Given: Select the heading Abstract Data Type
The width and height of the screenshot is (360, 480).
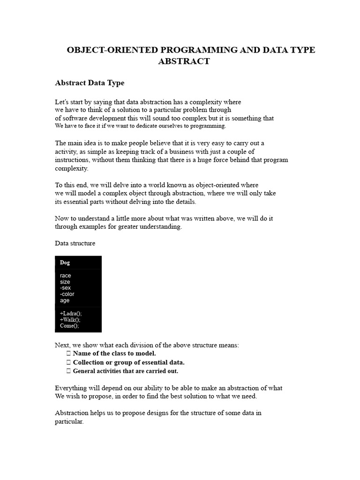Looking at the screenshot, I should coord(90,83).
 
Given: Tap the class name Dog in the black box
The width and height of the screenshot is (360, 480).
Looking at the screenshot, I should coord(65,263).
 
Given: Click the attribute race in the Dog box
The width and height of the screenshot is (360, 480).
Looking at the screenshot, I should coord(66,276).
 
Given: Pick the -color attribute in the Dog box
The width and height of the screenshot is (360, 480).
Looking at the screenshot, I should coord(67,294).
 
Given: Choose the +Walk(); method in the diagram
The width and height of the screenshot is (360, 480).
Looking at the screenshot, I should coord(70,320).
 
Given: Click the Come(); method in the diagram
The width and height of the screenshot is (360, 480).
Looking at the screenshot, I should coord(69,326).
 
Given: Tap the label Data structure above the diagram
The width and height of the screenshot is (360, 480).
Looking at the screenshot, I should coord(75,243).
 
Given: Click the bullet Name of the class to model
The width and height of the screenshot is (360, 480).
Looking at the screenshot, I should coord(114,353).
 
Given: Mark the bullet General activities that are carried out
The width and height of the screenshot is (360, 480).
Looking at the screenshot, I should coord(126,371).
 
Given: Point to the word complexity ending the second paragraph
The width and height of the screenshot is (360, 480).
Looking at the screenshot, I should coord(71,168).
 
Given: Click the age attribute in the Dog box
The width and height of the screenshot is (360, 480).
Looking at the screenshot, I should coord(65,300).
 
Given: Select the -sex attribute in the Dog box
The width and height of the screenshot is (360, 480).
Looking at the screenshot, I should coord(66,288).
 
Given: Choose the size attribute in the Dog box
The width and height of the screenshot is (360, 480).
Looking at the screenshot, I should coord(65,282).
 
